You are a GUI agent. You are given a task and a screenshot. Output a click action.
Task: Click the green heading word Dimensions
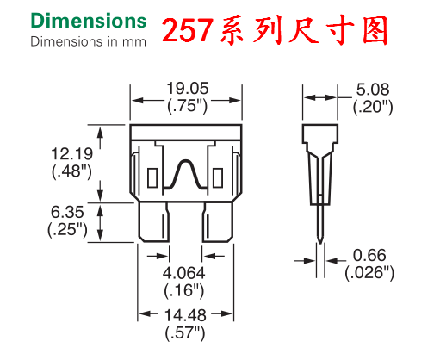click(89, 21)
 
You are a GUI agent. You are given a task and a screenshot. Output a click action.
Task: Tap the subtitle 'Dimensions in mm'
click(88, 41)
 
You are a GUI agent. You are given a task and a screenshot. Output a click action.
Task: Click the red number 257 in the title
click(188, 30)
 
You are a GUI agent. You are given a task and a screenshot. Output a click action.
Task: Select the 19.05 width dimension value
click(188, 88)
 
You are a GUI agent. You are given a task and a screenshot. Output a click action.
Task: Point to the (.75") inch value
click(187, 105)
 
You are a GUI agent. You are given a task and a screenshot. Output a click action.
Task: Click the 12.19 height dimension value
click(71, 153)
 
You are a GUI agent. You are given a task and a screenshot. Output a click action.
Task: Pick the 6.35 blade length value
click(67, 212)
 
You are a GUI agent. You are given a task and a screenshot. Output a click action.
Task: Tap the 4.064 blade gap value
click(183, 273)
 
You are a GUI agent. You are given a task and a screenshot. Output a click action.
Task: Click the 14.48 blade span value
click(185, 315)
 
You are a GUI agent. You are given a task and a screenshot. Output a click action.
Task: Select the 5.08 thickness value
click(373, 90)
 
